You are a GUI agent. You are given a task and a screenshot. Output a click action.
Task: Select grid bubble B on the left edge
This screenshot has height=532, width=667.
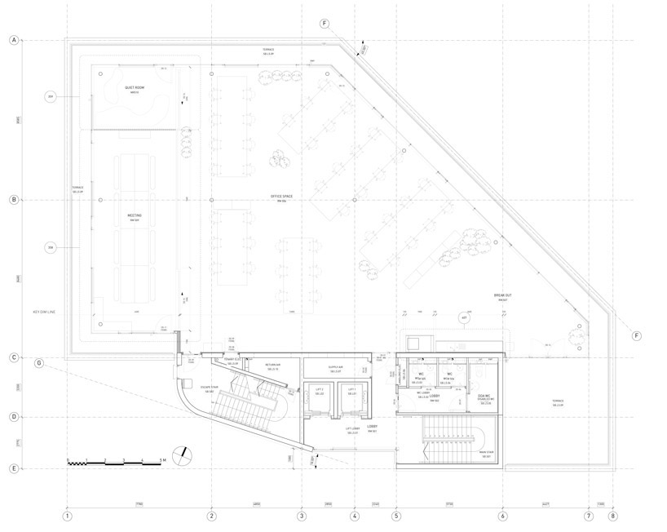pos(14,200)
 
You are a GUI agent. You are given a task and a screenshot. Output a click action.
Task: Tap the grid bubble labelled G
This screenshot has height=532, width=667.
pos(38,362)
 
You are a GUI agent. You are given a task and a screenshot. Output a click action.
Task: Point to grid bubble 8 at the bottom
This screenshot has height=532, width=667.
pos(613,516)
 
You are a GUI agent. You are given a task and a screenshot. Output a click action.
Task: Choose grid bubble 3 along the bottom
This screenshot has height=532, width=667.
pos(301,516)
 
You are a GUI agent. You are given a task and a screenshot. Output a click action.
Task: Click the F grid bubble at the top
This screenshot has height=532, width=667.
pos(325,24)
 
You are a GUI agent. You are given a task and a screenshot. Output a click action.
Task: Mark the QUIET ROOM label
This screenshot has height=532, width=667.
pos(135,88)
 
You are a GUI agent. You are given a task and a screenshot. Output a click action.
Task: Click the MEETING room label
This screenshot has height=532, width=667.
pos(135,217)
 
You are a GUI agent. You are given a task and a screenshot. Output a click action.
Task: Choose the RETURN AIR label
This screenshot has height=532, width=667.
pos(272,366)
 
